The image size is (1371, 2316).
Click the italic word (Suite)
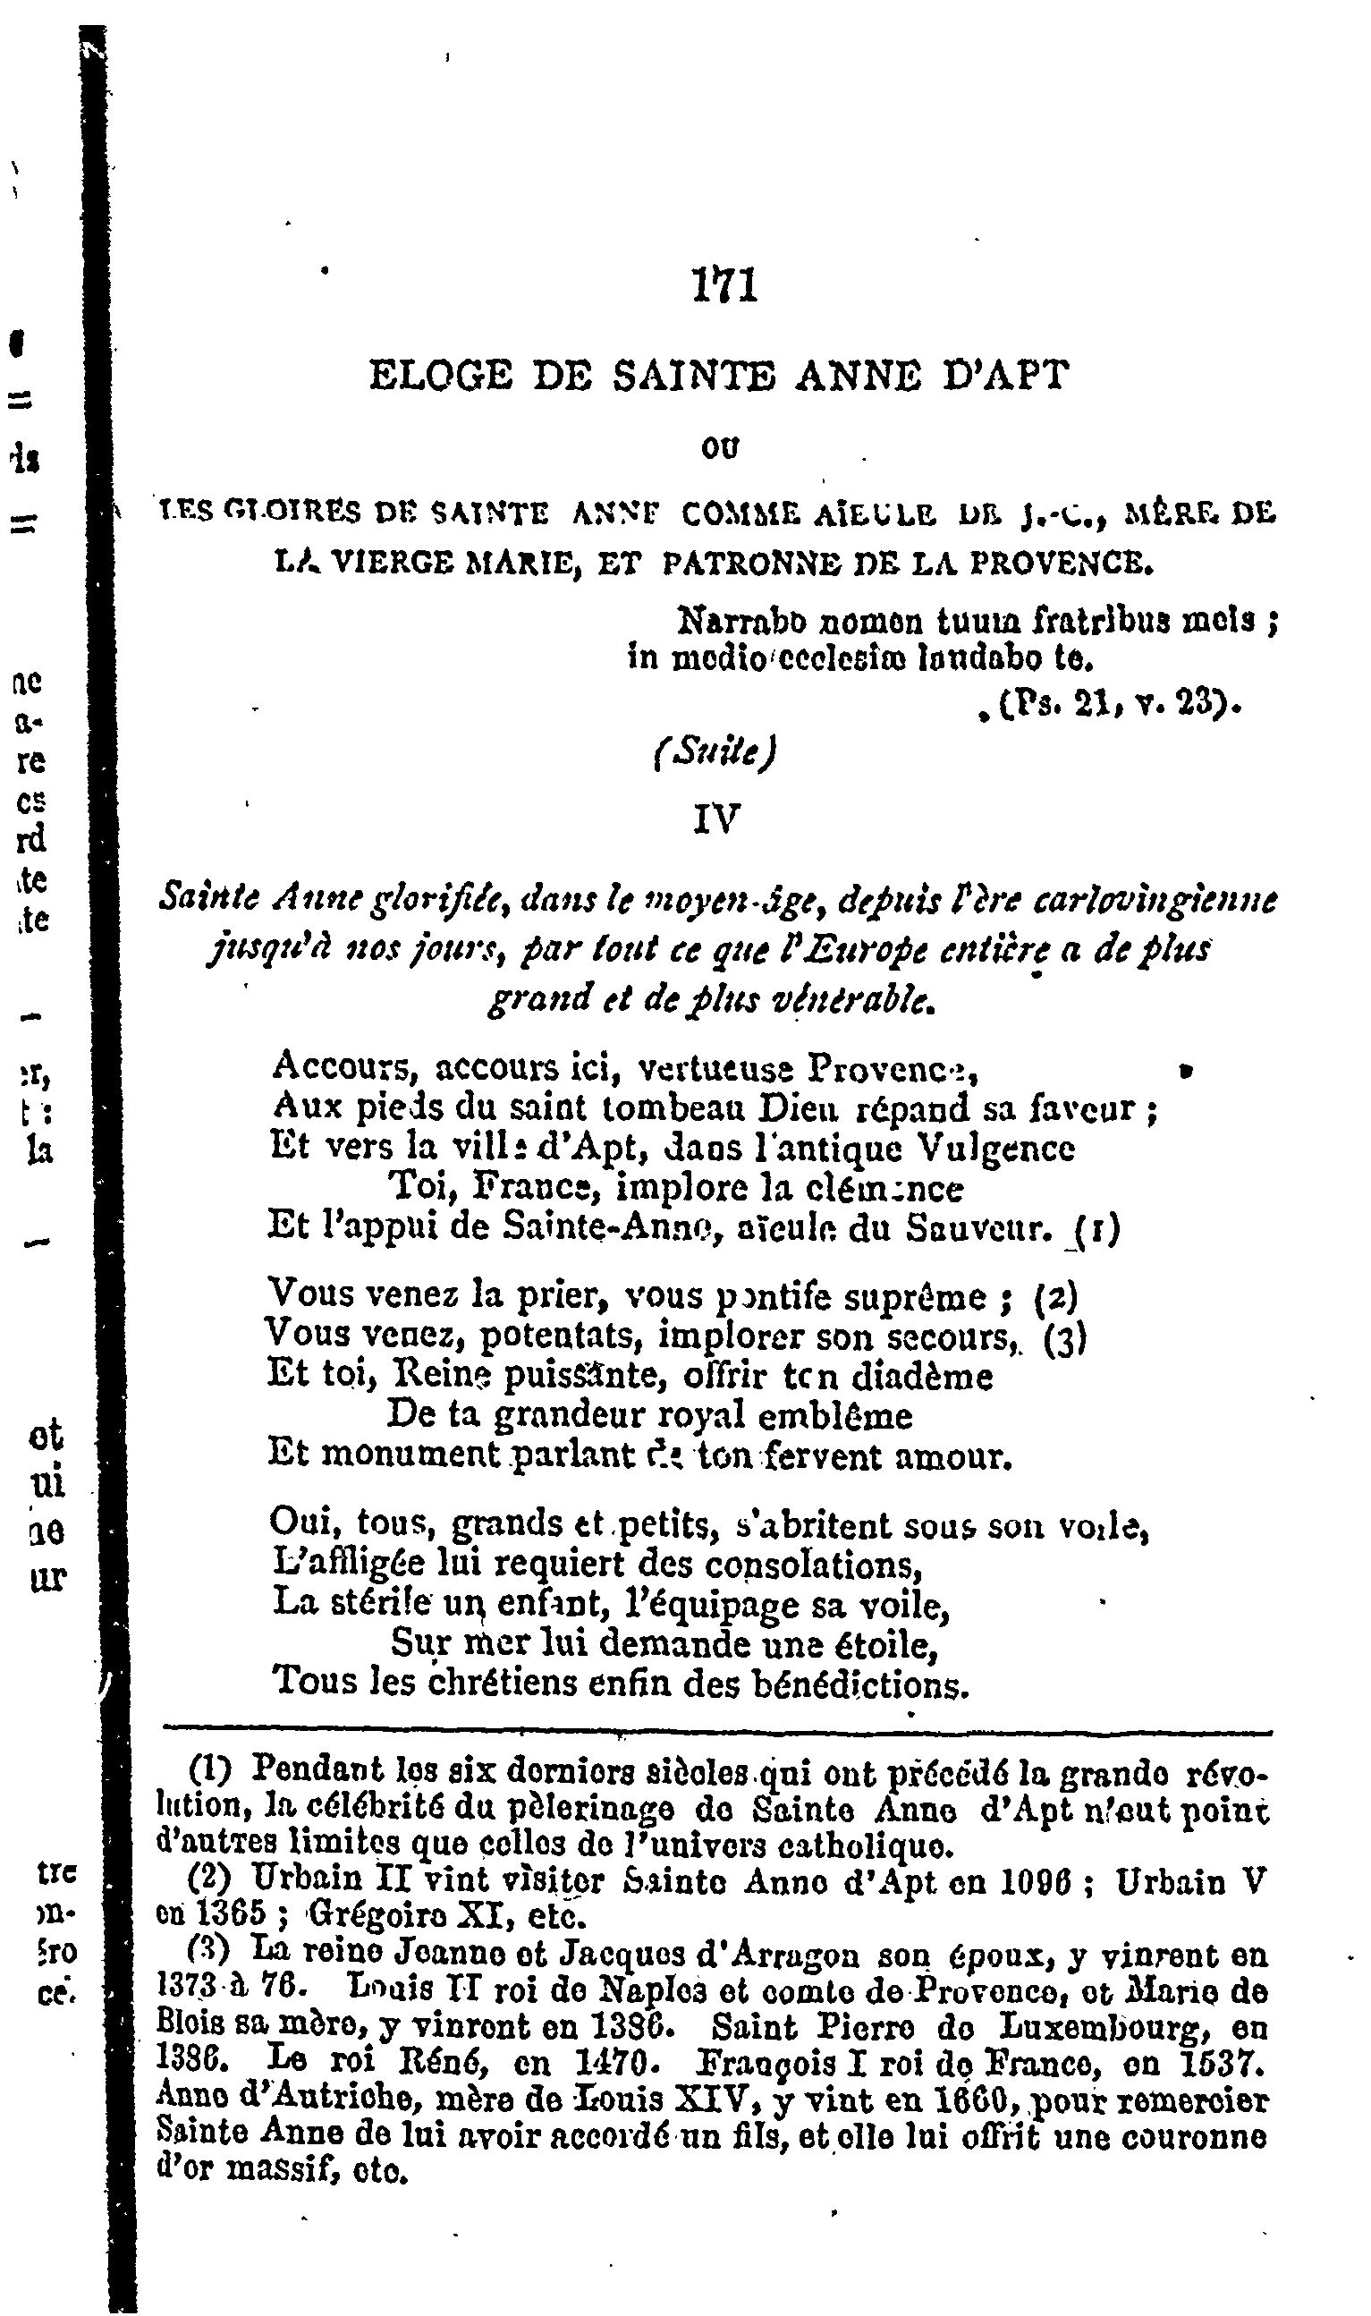tap(715, 754)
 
